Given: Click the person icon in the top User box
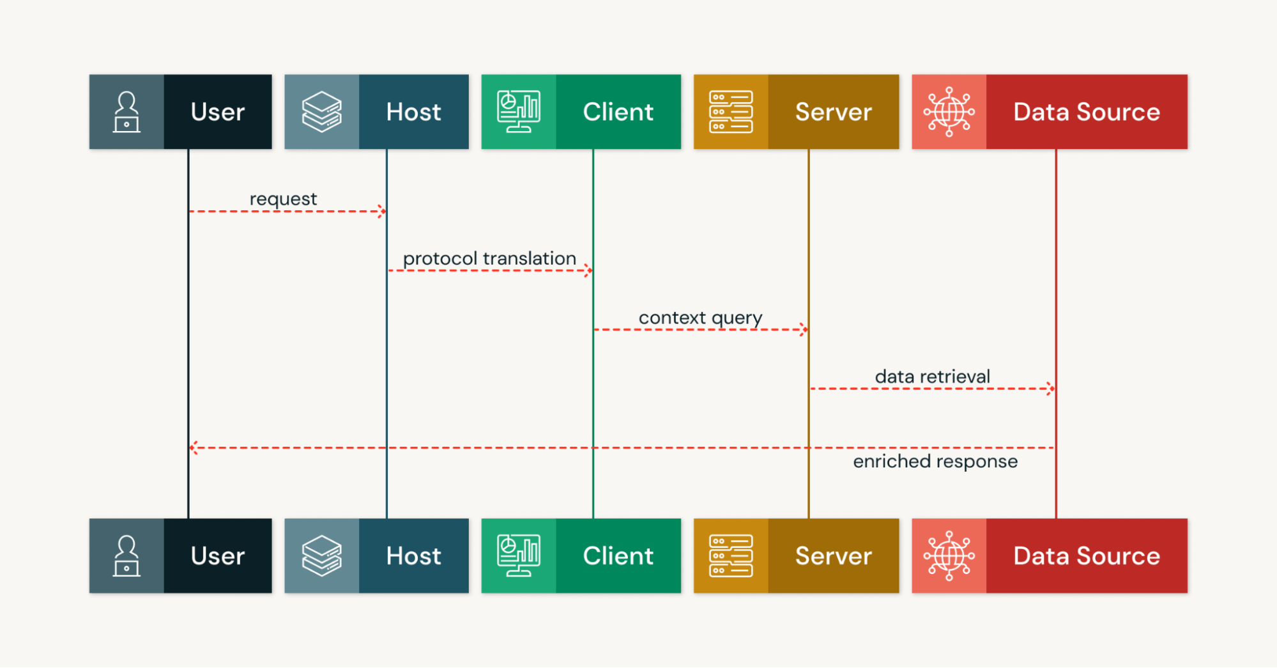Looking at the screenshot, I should [126, 112].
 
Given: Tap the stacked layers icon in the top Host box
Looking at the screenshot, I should [321, 112].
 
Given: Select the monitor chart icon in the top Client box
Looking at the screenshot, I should [519, 112].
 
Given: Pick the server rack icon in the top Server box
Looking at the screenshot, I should [731, 112].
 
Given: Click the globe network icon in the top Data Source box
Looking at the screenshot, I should [949, 112].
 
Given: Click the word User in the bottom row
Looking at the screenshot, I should [217, 556].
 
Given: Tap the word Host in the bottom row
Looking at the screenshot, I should [413, 556].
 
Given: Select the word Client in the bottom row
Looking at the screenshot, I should [618, 556].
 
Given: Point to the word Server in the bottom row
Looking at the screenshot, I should [833, 556].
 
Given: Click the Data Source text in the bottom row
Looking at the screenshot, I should [1086, 556].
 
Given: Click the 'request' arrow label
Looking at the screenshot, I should [283, 199].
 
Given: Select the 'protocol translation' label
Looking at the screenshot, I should [489, 258].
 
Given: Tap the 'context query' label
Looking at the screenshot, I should [700, 318].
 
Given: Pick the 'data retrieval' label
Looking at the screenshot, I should [932, 377].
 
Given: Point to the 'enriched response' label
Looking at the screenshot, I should [935, 462].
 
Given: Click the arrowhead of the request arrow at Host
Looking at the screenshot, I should [382, 211].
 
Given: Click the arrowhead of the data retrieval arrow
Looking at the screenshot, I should [1051, 389].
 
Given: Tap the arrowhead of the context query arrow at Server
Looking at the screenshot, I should [804, 330].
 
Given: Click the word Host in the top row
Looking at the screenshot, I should [413, 112].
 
